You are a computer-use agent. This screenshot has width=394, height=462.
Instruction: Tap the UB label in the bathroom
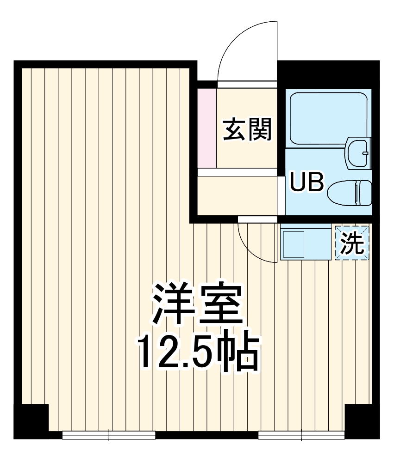click(306, 182)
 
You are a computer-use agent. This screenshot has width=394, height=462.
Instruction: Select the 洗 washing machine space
click(352, 243)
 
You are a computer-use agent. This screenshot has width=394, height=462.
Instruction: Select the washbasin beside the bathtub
click(358, 152)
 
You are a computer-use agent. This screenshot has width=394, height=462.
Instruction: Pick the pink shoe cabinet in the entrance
click(207, 127)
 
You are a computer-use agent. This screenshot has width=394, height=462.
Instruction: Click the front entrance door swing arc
click(248, 51)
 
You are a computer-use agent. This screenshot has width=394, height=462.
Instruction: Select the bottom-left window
click(109, 435)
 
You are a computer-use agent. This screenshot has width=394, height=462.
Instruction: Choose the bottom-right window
click(302, 435)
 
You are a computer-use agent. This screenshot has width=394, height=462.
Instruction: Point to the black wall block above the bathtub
click(329, 74)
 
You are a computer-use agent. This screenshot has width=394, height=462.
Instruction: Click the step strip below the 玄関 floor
click(238, 172)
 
